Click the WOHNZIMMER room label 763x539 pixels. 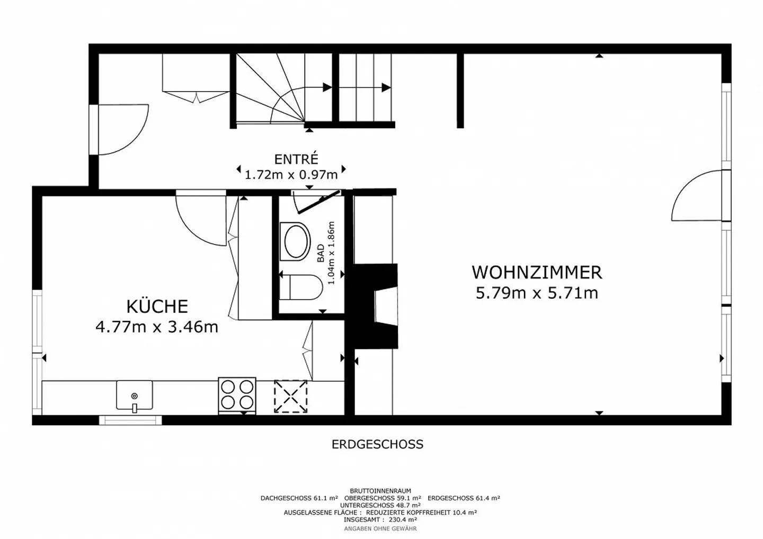tap(536, 272)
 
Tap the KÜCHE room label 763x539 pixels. tap(157, 306)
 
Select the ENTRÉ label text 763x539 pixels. tap(296, 159)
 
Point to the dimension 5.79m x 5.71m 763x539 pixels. tap(536, 293)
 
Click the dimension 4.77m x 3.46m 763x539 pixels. tap(157, 327)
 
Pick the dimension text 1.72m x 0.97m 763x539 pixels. tap(291, 174)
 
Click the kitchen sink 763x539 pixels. tap(134, 396)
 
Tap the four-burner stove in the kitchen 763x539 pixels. tap(237, 395)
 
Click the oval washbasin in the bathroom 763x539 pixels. tap(296, 241)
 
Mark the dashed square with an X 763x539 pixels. tap(290, 396)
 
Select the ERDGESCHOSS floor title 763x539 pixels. tap(377, 444)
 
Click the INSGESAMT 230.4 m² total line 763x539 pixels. tap(380, 520)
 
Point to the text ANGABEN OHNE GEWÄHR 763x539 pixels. tap(380, 528)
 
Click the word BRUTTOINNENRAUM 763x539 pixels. tap(380, 491)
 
